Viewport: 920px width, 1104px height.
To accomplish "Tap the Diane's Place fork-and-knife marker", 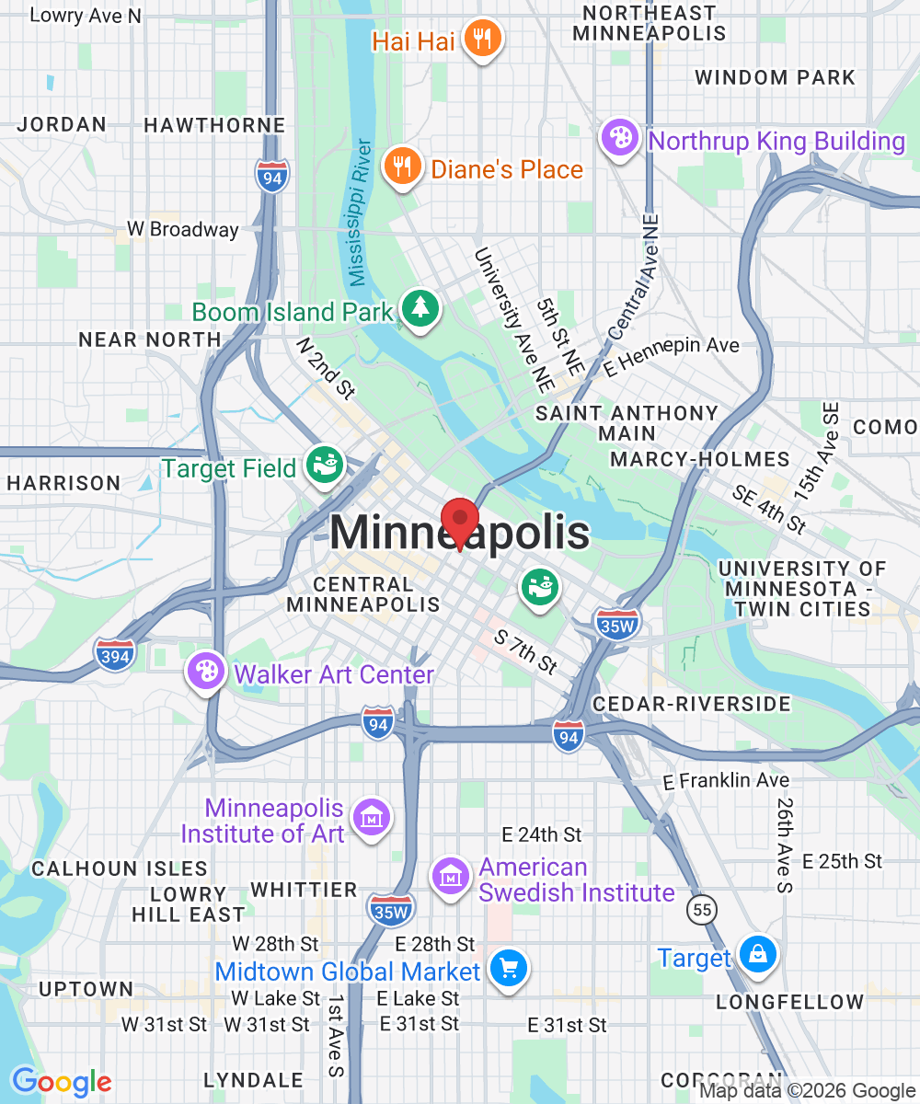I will pos(402,167).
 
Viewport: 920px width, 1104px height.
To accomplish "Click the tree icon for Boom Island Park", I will pos(420,308).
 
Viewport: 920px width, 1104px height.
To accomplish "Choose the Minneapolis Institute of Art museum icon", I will pos(371,817).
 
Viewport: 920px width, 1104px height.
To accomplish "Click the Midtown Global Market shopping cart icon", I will pos(507,968).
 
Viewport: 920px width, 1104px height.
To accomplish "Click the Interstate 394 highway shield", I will pos(114,654).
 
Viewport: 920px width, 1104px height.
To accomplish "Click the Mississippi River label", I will pos(359,212).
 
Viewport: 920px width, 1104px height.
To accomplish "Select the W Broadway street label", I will pos(182,229).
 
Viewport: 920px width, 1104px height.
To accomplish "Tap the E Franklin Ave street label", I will pos(726,780).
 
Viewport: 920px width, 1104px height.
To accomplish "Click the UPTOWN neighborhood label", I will pos(86,989).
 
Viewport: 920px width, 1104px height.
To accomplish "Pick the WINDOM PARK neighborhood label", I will pos(775,77).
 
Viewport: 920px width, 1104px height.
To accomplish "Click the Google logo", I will pos(61,1082).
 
